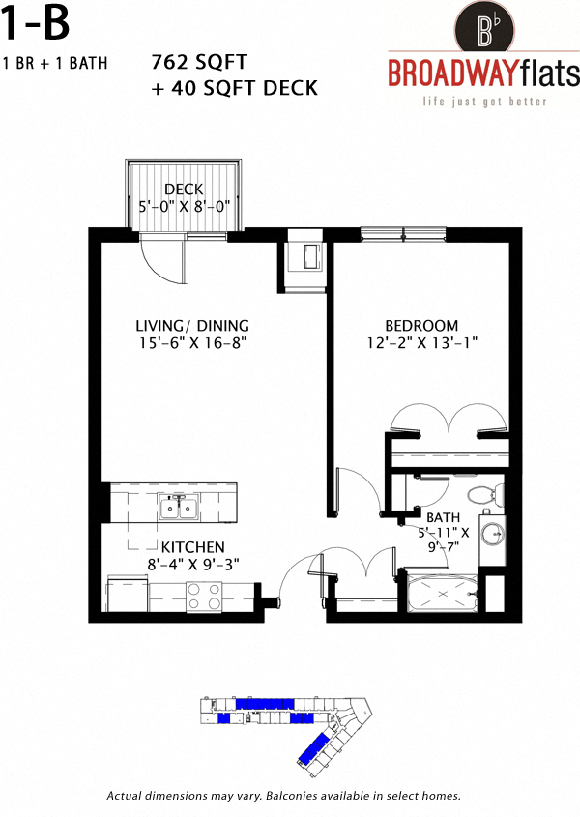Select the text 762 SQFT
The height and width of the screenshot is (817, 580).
tap(193, 64)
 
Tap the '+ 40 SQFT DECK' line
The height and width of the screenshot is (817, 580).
tap(235, 88)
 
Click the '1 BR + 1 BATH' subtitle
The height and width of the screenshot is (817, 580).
tap(55, 64)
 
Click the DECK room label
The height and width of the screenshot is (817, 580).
tap(183, 189)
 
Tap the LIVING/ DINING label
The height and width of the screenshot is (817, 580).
tap(192, 325)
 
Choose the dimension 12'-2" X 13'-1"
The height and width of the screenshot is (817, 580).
tap(421, 342)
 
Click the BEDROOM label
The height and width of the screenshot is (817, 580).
tap(421, 325)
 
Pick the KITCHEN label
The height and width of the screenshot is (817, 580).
tap(192, 547)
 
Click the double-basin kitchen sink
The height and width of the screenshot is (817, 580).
tap(178, 508)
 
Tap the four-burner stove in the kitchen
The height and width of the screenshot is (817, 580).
tap(204, 596)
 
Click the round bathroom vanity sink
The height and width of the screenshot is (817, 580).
tap(493, 535)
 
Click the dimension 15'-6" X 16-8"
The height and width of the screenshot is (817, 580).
tap(192, 342)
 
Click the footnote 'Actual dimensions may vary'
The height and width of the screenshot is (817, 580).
tap(283, 796)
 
